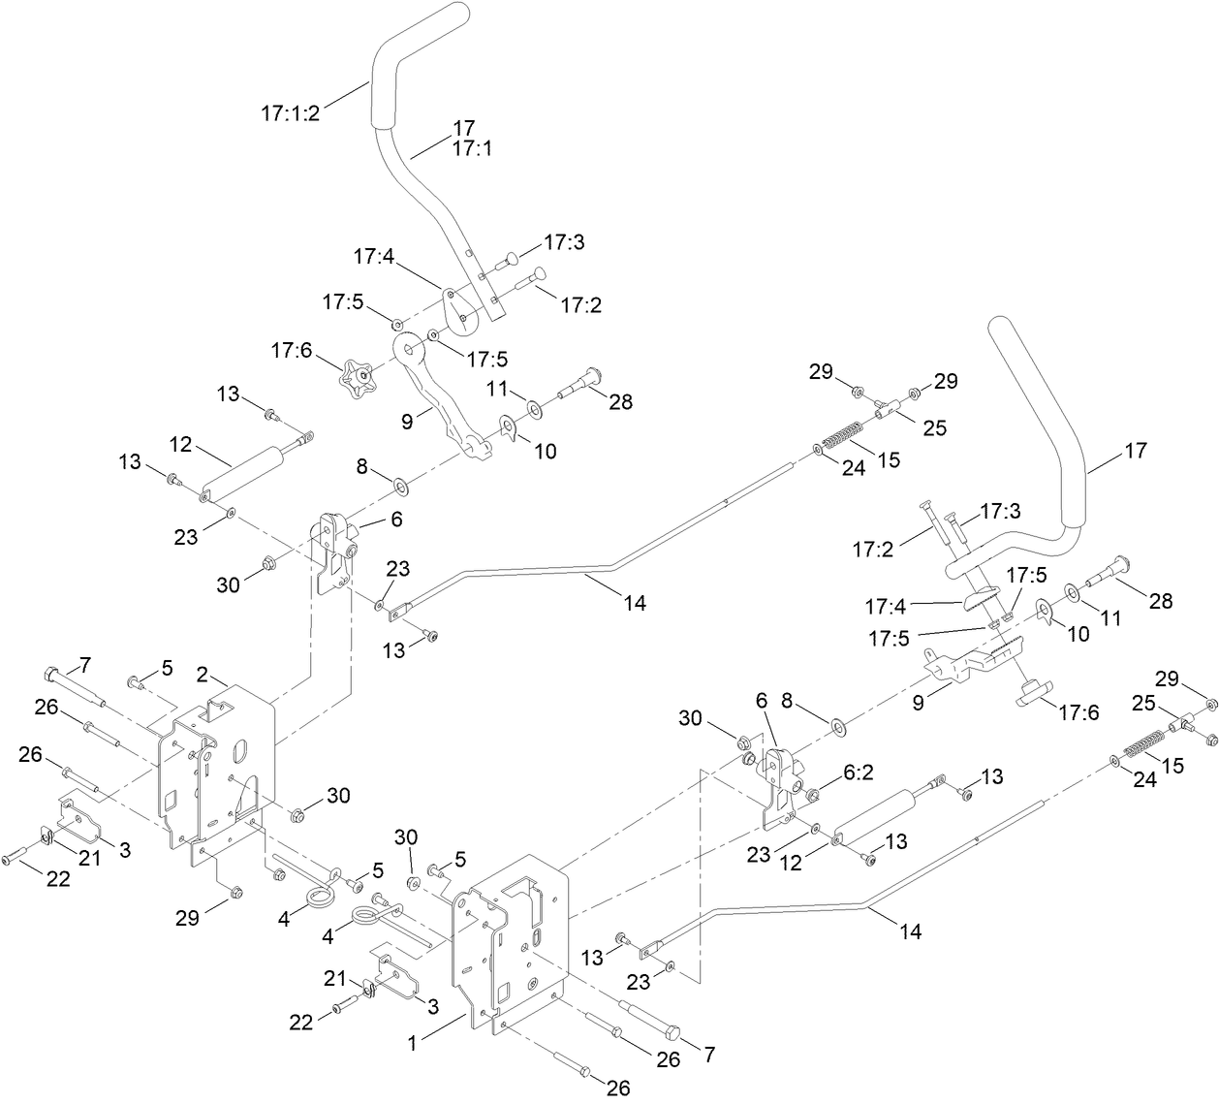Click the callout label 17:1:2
pos(290,112)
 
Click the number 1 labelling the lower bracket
pos(412,1043)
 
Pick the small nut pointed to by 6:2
pos(813,795)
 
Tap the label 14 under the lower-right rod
pos(911,931)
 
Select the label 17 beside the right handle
pos(1135,451)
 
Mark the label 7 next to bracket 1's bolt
pos(710,1054)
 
